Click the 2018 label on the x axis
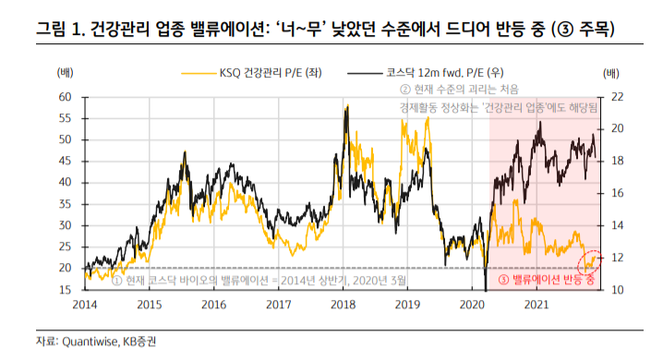343,304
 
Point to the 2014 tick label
84,304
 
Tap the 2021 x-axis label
536,304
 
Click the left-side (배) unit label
67,72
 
